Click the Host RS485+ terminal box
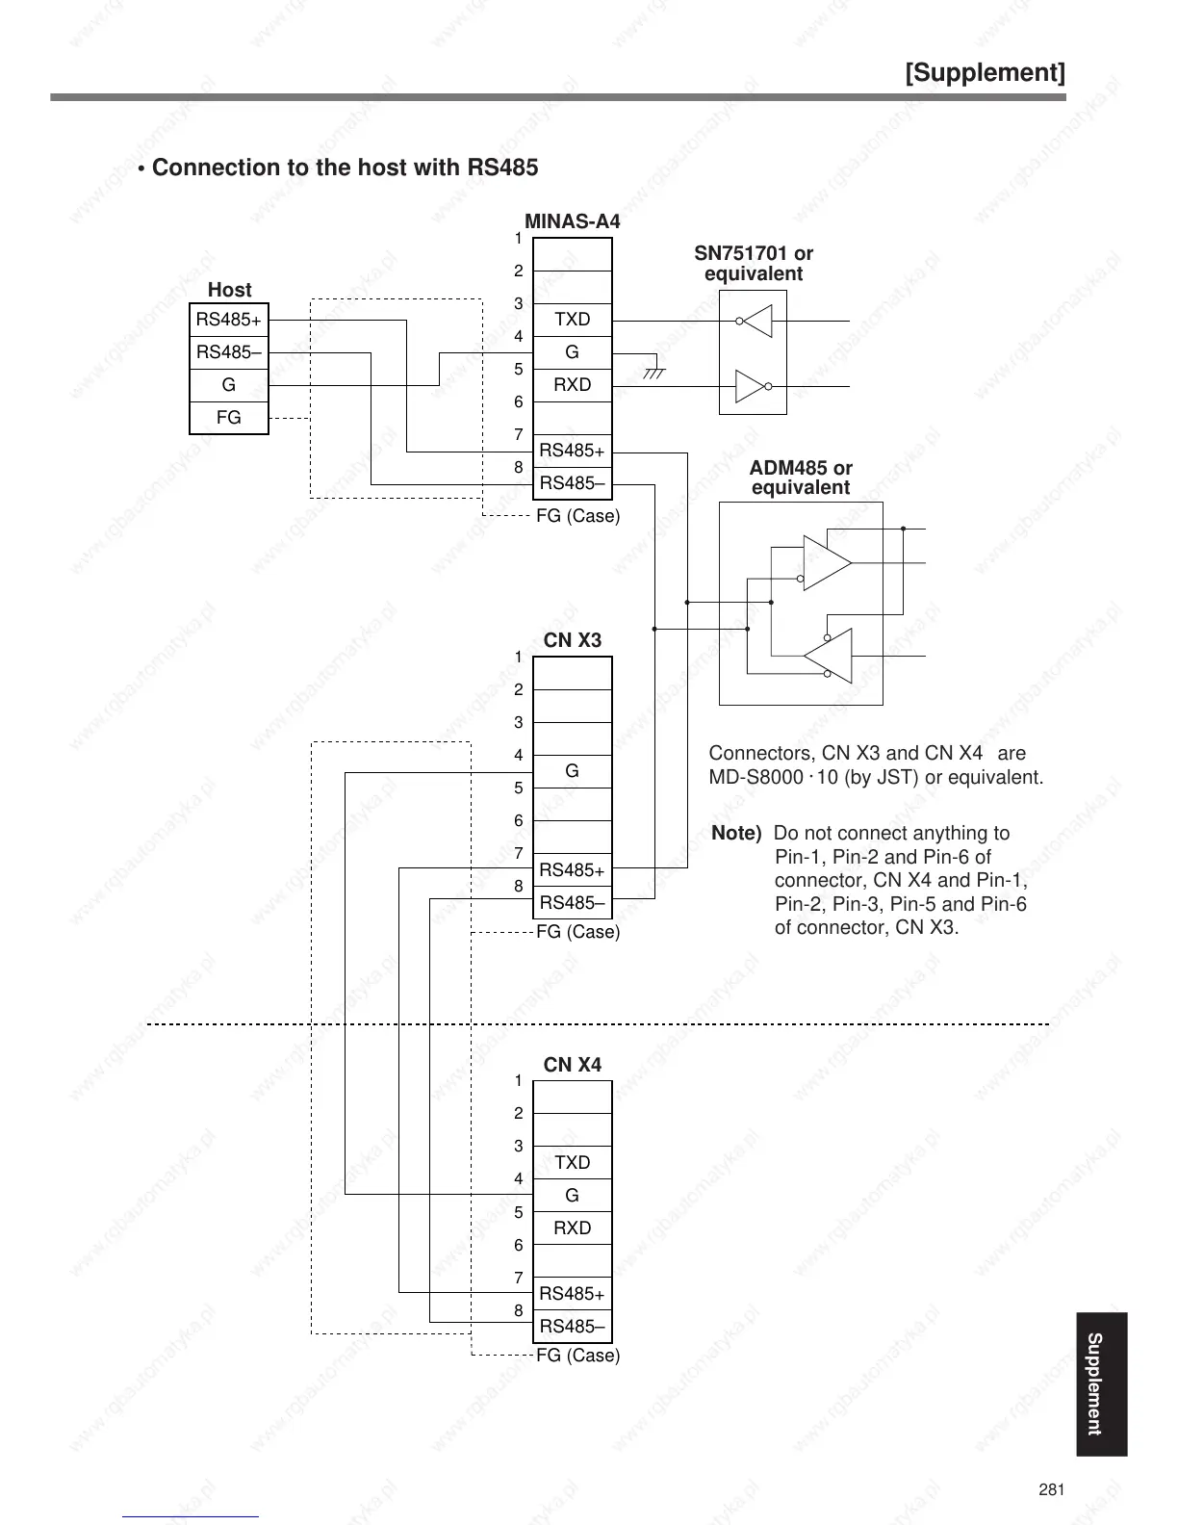tap(229, 320)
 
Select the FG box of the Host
tap(229, 418)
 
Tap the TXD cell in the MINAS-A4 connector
tap(573, 320)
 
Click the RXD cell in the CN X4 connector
tap(573, 1228)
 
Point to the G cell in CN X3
tap(573, 771)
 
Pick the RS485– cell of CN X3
tap(573, 903)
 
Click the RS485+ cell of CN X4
tap(573, 1294)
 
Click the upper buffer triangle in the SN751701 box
tap(757, 322)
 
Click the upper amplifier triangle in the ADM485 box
tap(826, 562)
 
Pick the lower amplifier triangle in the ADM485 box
tap(830, 656)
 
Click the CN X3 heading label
tap(573, 640)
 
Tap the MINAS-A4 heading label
tap(573, 221)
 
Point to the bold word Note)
tap(736, 834)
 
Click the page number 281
tap(1052, 1490)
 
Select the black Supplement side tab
tap(1095, 1383)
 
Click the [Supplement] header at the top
tap(986, 73)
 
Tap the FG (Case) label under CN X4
tap(577, 1356)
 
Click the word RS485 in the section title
tap(502, 168)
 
